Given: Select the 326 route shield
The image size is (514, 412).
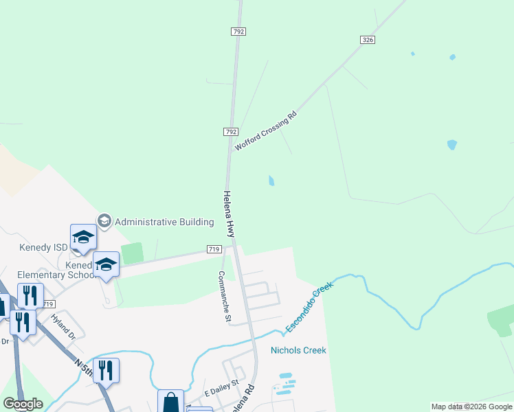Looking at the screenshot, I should [x=368, y=41].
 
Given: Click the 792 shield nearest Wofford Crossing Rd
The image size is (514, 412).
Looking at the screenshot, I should [x=230, y=131].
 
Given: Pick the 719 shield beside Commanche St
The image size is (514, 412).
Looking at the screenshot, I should [x=213, y=250].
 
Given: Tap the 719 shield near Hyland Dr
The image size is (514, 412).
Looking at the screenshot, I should [x=47, y=304].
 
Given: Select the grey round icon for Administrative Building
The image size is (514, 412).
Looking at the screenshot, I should [x=104, y=220].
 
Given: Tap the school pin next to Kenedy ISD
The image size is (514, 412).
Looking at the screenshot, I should [x=83, y=238].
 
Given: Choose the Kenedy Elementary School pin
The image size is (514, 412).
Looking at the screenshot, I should [x=107, y=265].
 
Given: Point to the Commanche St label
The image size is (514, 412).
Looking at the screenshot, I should [x=223, y=296].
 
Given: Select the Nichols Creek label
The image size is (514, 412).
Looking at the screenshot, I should [x=298, y=350].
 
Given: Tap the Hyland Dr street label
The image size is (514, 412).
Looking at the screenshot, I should [x=63, y=327].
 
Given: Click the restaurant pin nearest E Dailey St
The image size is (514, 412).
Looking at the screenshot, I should [x=106, y=371].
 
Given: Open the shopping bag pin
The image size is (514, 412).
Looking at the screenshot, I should [x=170, y=402].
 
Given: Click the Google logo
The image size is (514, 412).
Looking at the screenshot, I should [x=23, y=404].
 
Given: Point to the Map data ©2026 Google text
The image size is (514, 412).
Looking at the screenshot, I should [x=471, y=407].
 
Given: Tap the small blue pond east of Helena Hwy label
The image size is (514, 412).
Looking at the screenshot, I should [x=271, y=181].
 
